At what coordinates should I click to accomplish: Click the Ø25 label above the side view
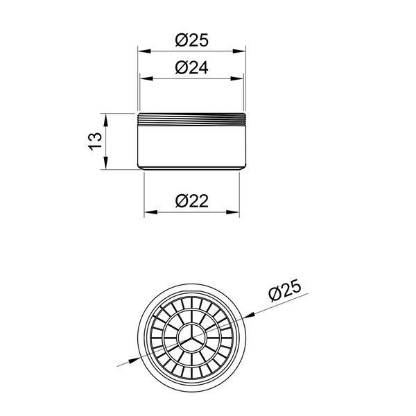point(192,40)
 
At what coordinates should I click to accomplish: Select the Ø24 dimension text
point(192,68)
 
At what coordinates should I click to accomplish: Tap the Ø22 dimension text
point(192,201)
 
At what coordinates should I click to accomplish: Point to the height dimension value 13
point(95,141)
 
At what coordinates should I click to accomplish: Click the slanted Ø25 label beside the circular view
point(285,290)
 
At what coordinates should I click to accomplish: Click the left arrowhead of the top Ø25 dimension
point(144,51)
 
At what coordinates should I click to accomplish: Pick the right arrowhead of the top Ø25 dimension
point(239,51)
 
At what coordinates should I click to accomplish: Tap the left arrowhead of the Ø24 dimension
point(146,78)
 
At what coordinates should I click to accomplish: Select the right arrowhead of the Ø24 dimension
point(237,78)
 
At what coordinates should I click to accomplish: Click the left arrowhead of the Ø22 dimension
point(150,212)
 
